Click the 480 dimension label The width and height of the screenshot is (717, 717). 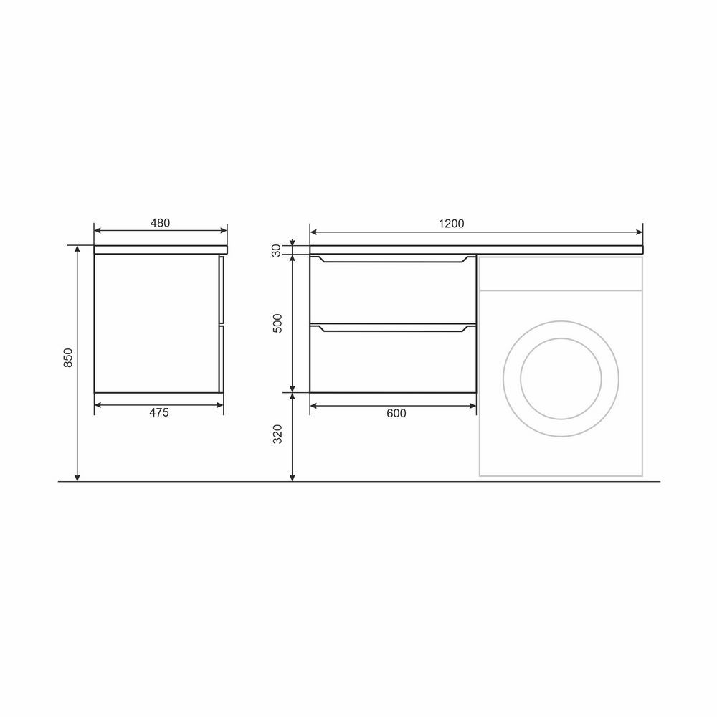pos(160,223)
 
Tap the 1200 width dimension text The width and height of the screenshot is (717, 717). pos(451,224)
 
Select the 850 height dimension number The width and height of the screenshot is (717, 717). pos(67,358)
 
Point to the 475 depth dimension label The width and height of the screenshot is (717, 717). pos(159,412)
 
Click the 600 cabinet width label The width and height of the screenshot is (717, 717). pos(397,414)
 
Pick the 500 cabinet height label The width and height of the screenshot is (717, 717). pos(277,323)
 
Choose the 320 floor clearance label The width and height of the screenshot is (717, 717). pos(277,435)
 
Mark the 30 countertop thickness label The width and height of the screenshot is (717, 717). pos(276,250)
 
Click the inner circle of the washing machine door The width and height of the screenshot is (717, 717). pos(561,339)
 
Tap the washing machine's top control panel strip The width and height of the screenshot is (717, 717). pos(561,273)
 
